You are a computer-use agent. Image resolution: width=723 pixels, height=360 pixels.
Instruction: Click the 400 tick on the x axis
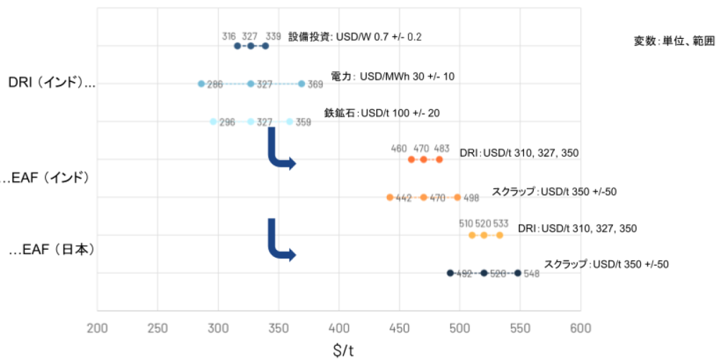(x=339, y=328)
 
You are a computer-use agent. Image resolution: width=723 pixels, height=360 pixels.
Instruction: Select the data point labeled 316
(x=237, y=46)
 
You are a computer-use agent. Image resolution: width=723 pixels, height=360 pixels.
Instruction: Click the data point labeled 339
(x=265, y=46)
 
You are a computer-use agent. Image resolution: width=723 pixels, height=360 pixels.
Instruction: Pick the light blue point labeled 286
(x=201, y=84)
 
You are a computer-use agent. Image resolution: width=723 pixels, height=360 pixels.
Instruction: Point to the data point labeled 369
(x=301, y=84)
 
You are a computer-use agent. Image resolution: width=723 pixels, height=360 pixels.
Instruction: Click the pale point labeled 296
(x=213, y=121)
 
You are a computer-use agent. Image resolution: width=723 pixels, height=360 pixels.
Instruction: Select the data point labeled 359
(x=289, y=121)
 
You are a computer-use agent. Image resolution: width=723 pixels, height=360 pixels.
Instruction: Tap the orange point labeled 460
(x=411, y=160)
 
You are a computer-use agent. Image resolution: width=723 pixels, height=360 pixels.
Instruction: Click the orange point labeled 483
(x=439, y=160)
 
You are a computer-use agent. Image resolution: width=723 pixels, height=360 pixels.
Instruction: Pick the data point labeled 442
(x=390, y=197)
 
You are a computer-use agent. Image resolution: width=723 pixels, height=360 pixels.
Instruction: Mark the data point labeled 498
(x=458, y=197)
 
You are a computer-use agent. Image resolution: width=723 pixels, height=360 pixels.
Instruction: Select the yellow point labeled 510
(x=472, y=235)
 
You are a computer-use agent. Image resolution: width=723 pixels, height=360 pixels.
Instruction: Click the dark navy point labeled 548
(x=518, y=273)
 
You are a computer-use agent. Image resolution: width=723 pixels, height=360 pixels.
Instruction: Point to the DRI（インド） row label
(x=51, y=83)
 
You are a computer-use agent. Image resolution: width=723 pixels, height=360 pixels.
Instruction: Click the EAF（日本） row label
(x=52, y=250)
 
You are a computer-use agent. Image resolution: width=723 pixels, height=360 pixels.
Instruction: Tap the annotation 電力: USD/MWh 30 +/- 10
(x=393, y=76)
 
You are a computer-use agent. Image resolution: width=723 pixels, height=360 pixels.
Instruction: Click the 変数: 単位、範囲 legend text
(x=674, y=41)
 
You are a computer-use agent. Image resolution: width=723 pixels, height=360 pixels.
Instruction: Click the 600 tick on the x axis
(x=580, y=328)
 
